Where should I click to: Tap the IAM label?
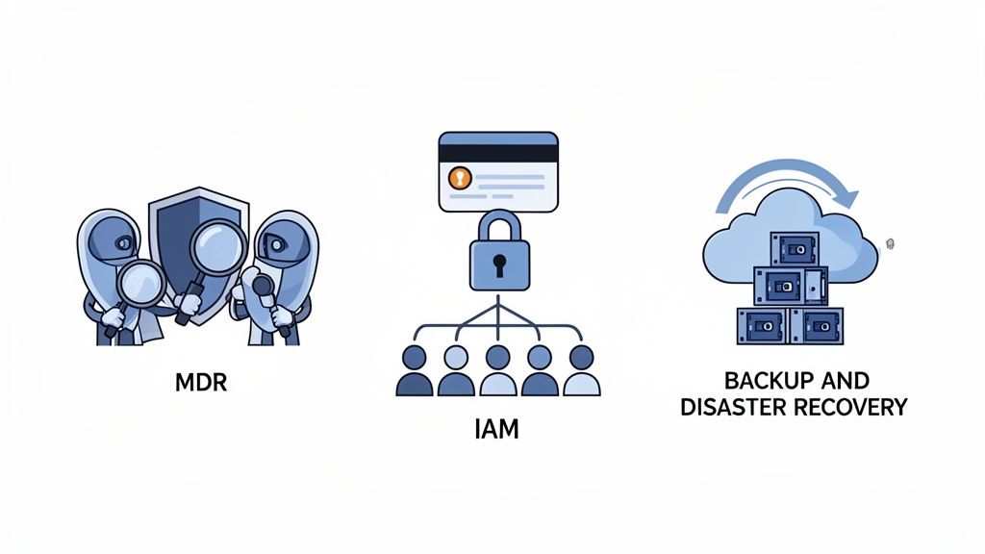coord(496,428)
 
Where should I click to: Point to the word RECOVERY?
coord(851,407)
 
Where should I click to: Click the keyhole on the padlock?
coord(497,262)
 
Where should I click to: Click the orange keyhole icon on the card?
coord(461,178)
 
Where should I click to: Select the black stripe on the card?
coord(497,153)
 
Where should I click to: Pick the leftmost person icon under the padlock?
coord(413,370)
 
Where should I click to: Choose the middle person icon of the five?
coord(497,370)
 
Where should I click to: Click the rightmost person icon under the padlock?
coord(581,370)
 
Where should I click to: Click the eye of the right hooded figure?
coord(277,245)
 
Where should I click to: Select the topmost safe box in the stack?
coord(795,248)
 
